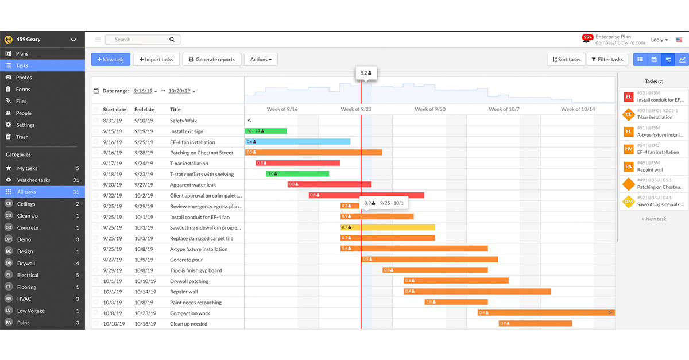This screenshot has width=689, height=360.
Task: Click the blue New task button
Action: [110, 60]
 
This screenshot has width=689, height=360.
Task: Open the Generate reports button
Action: [211, 60]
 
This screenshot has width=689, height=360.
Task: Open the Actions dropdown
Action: [261, 60]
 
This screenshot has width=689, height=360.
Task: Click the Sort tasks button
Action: [566, 60]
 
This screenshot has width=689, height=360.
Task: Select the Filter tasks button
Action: [607, 60]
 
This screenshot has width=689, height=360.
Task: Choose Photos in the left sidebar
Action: [24, 78]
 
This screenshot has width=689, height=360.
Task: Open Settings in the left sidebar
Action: [25, 125]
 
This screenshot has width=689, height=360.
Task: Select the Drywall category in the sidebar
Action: [26, 263]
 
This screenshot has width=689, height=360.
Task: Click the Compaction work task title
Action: [190, 313]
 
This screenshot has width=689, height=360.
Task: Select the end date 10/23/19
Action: [145, 313]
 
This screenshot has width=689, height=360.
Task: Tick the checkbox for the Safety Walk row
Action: [96, 121]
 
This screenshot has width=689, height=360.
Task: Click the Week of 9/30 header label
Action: [430, 109]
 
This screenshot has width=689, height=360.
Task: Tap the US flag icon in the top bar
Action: [679, 40]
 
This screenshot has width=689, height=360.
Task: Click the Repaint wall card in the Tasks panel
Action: [653, 167]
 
